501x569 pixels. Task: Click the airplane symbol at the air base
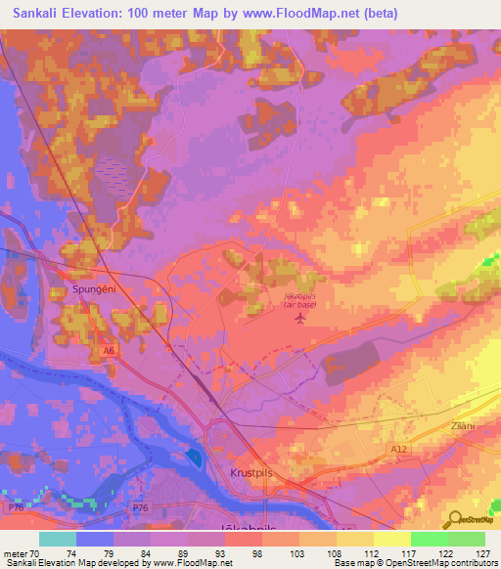click(x=300, y=318)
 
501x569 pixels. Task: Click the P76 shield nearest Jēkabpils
click(x=143, y=508)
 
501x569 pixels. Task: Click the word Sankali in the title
click(x=40, y=14)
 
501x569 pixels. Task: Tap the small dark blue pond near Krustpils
click(x=193, y=458)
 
